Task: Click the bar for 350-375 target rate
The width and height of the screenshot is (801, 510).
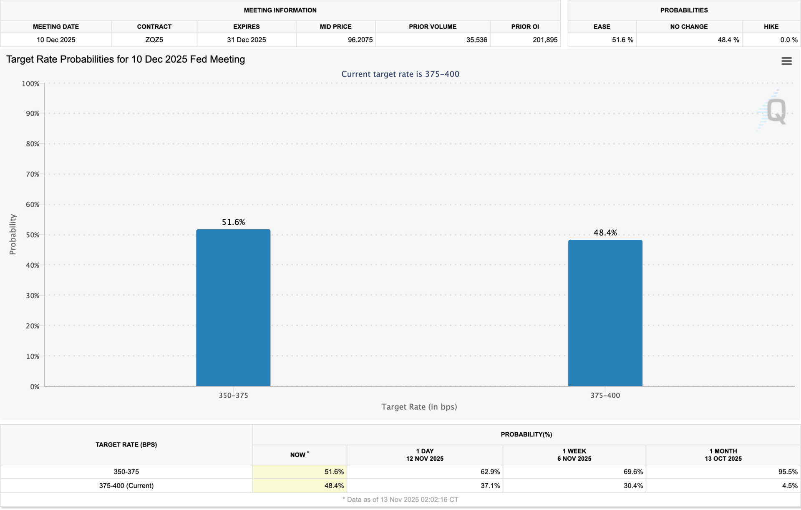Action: [233, 307]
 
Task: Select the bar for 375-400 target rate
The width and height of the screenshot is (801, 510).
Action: [605, 313]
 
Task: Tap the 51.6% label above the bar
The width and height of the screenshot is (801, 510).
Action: [233, 222]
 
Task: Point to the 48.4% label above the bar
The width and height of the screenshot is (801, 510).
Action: [605, 233]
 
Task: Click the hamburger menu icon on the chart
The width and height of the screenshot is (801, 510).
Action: [786, 61]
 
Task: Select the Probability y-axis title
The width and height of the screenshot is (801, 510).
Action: [13, 234]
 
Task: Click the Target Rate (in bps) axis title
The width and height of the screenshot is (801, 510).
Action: [419, 407]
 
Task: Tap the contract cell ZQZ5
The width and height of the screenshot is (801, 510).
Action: [154, 40]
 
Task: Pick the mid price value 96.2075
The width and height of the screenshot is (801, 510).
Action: [360, 40]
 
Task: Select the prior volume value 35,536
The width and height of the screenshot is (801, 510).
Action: [476, 40]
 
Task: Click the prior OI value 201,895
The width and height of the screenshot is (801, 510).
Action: [545, 40]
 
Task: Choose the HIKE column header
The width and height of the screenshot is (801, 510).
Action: [771, 27]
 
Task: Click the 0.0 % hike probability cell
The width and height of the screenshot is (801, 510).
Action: [788, 40]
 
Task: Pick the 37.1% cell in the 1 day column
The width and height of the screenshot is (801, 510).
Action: [490, 486]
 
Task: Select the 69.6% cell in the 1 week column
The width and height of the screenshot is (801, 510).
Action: [633, 472]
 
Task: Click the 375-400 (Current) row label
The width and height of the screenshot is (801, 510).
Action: [126, 486]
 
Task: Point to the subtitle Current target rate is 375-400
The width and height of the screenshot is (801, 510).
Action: [400, 74]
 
